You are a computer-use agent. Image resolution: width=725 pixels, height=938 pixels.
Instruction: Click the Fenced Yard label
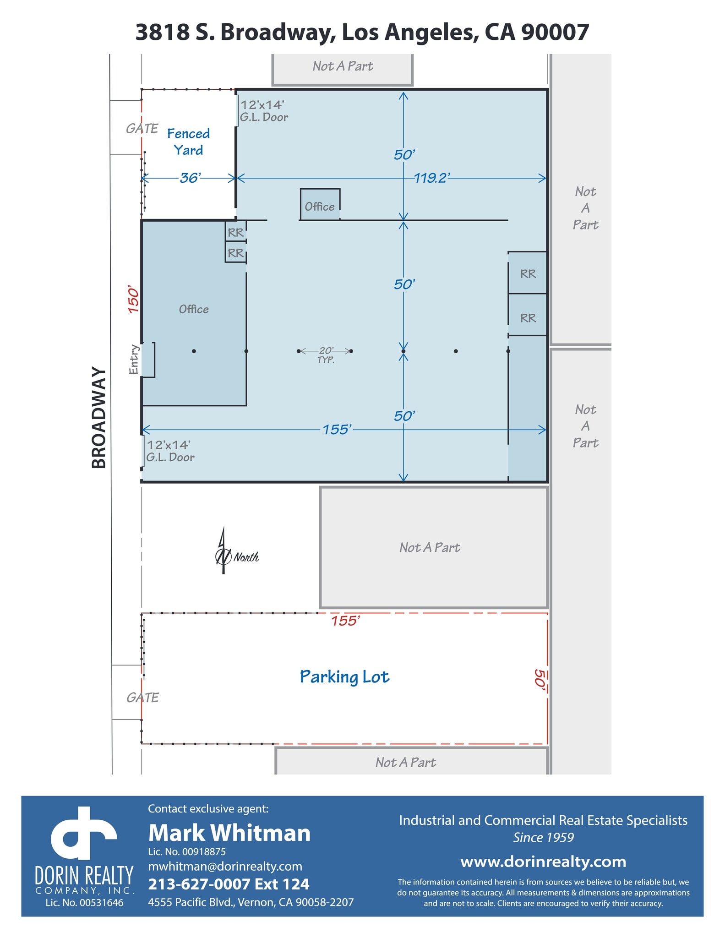(x=188, y=142)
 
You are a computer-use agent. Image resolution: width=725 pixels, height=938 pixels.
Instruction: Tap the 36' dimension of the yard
(x=190, y=178)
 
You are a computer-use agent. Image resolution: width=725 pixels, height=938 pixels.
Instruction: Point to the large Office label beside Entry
(x=193, y=309)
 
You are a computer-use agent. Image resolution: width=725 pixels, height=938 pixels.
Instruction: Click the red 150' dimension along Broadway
(x=133, y=300)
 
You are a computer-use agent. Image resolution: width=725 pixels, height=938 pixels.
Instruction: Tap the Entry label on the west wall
(x=134, y=360)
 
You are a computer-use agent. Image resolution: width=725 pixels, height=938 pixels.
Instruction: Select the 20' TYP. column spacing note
(x=326, y=354)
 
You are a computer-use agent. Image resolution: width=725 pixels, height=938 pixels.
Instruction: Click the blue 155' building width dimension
(x=337, y=429)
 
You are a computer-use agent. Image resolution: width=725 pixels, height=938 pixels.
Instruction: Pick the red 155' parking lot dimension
(x=345, y=621)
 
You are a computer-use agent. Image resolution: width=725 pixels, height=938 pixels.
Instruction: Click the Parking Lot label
(x=344, y=677)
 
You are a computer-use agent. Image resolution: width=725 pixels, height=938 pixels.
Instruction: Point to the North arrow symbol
(x=223, y=551)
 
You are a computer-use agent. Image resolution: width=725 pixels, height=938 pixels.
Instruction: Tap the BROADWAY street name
(x=99, y=417)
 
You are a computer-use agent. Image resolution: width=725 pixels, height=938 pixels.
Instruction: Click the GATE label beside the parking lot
(x=142, y=698)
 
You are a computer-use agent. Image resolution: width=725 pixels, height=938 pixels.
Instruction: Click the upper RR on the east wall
(x=528, y=274)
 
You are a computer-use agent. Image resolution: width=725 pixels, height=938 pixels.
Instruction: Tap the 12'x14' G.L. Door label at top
(x=264, y=111)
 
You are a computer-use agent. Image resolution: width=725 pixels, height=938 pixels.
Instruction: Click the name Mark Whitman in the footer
(x=229, y=833)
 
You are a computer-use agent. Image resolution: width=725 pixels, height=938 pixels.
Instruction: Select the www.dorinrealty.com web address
(x=543, y=862)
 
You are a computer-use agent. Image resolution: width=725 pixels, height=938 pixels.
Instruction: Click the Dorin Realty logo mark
(x=84, y=834)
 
